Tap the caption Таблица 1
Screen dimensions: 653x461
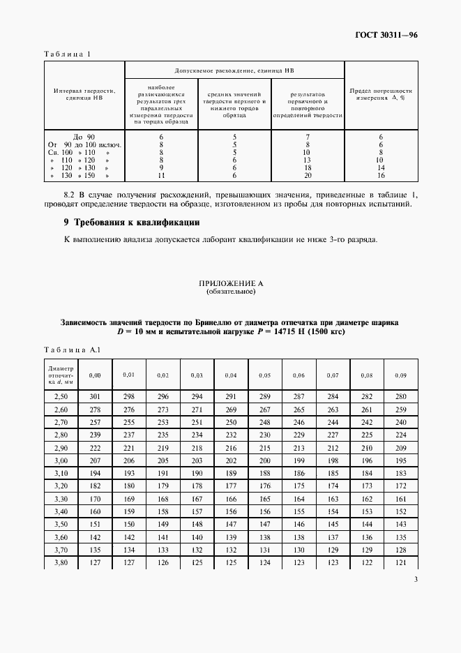[x=68, y=54]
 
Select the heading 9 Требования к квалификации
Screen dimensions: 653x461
[x=132, y=223]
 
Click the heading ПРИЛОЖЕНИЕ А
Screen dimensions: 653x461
[x=230, y=284]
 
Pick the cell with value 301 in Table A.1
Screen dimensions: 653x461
[x=95, y=397]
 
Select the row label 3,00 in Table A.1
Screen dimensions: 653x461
[x=61, y=461]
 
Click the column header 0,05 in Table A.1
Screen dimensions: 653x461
[x=265, y=375]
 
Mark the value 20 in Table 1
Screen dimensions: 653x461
[x=308, y=177]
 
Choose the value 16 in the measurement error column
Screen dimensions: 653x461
[x=381, y=177]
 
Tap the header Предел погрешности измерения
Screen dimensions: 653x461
[x=381, y=94]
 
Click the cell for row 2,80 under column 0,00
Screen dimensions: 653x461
[x=95, y=435]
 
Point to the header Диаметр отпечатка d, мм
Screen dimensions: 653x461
[x=61, y=375]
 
